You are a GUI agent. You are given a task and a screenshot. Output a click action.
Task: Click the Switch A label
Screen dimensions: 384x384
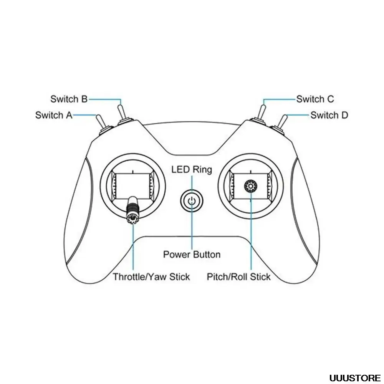click(x=54, y=115)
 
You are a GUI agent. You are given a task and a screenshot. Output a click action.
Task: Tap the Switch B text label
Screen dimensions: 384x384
click(x=69, y=99)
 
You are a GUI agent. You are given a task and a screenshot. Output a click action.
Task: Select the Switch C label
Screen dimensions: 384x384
click(x=315, y=99)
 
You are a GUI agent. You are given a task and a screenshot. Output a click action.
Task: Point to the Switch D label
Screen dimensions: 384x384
click(x=329, y=115)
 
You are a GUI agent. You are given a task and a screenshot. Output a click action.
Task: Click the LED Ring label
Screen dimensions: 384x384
click(x=192, y=169)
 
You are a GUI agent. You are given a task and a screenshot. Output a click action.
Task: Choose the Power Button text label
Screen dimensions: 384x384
click(x=192, y=254)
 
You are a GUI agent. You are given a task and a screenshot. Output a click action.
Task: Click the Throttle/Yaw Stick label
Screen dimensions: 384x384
click(x=151, y=277)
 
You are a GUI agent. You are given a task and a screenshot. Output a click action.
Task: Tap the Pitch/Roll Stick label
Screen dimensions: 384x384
click(x=238, y=277)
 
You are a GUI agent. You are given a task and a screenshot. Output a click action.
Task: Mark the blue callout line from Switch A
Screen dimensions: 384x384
click(x=84, y=114)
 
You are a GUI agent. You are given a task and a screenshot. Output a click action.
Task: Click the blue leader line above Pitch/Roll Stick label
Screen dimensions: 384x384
click(x=251, y=238)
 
